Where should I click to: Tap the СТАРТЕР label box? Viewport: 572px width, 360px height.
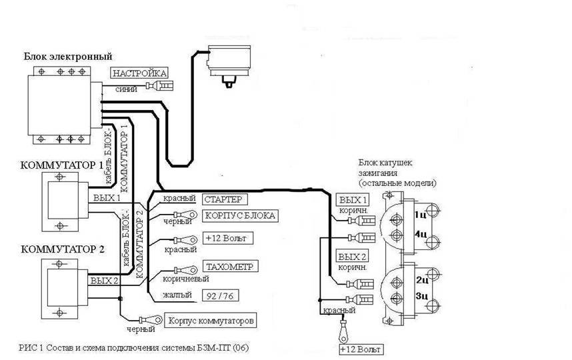point(225,199)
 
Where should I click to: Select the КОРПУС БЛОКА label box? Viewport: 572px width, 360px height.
point(240,215)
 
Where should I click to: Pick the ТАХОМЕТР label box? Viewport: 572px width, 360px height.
point(230,266)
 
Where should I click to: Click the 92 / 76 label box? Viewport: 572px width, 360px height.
point(221,295)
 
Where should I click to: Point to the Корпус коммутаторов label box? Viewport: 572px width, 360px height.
point(211,321)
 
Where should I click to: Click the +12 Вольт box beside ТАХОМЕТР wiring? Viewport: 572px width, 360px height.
point(227,239)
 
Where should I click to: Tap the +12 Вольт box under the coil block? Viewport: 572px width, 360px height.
point(361,349)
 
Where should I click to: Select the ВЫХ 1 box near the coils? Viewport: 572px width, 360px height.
point(353,199)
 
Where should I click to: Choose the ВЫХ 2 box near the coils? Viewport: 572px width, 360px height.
point(352,257)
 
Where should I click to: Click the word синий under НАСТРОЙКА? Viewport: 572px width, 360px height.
point(126,89)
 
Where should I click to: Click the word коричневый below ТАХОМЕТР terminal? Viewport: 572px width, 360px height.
point(186,279)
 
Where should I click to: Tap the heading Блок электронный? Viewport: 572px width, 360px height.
point(68,57)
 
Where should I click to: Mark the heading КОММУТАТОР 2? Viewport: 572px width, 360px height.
point(63,249)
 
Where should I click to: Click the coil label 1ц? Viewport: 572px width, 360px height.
point(420,215)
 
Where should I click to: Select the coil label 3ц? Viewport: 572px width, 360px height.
point(421,296)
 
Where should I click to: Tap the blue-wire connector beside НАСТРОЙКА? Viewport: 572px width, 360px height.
point(160,86)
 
